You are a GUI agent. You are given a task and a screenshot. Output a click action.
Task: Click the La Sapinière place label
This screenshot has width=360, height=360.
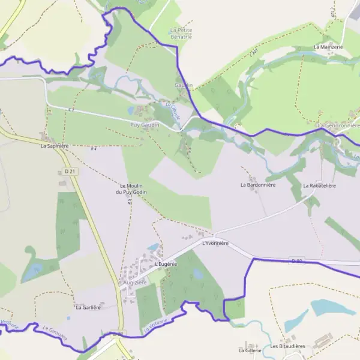coord(55,146)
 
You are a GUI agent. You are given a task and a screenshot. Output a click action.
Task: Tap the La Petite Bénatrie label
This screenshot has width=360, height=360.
coord(181,33)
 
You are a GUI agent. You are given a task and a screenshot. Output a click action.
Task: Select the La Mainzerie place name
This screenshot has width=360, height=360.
coord(328,46)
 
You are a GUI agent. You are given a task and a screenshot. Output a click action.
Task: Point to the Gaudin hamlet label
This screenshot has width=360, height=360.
coord(184,85)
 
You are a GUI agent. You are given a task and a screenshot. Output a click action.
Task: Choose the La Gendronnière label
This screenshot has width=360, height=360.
coord(339,125)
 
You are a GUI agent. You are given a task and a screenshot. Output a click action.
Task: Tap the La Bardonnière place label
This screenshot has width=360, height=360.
coord(257,185)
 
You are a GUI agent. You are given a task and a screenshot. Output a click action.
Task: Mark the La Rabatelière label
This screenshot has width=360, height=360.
coord(319,185)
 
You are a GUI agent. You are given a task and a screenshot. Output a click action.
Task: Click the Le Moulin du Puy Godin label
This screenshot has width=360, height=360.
coord(133,189)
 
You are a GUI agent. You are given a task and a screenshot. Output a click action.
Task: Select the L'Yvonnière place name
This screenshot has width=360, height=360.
coord(215,243)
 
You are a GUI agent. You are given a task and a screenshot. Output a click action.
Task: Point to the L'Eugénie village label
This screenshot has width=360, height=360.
coord(166,264)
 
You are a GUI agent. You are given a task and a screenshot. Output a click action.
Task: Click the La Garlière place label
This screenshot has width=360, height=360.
coord(87,307)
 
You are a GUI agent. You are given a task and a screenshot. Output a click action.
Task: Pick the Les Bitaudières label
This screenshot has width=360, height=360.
coord(288,346)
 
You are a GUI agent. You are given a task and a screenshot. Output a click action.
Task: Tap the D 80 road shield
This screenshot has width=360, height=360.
coord(295,260)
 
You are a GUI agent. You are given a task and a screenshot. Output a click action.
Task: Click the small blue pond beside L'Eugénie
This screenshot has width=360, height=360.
coord(154,247)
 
